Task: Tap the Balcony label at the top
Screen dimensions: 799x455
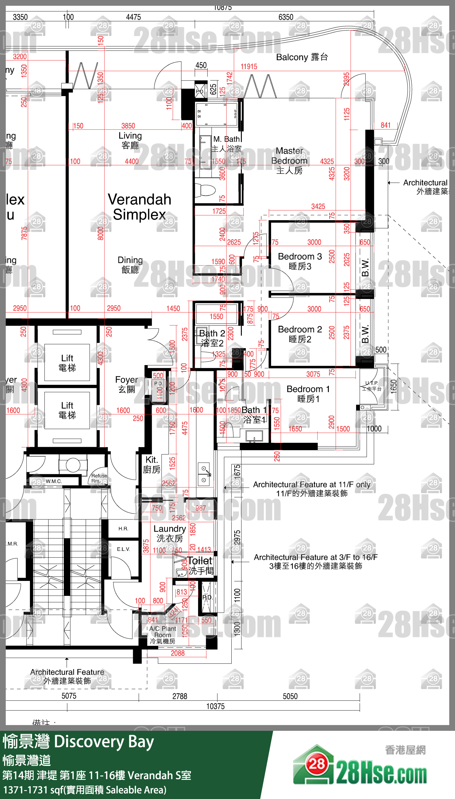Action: coord(302,57)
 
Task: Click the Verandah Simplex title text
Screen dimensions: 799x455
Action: coord(139,207)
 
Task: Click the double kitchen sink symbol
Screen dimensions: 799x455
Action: coord(204,474)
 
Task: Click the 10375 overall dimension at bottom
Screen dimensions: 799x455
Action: coord(215,706)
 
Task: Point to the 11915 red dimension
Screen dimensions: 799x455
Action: coord(249,67)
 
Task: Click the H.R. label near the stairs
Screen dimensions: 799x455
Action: coord(123,529)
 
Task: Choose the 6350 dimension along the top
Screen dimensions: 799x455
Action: coord(286,17)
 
